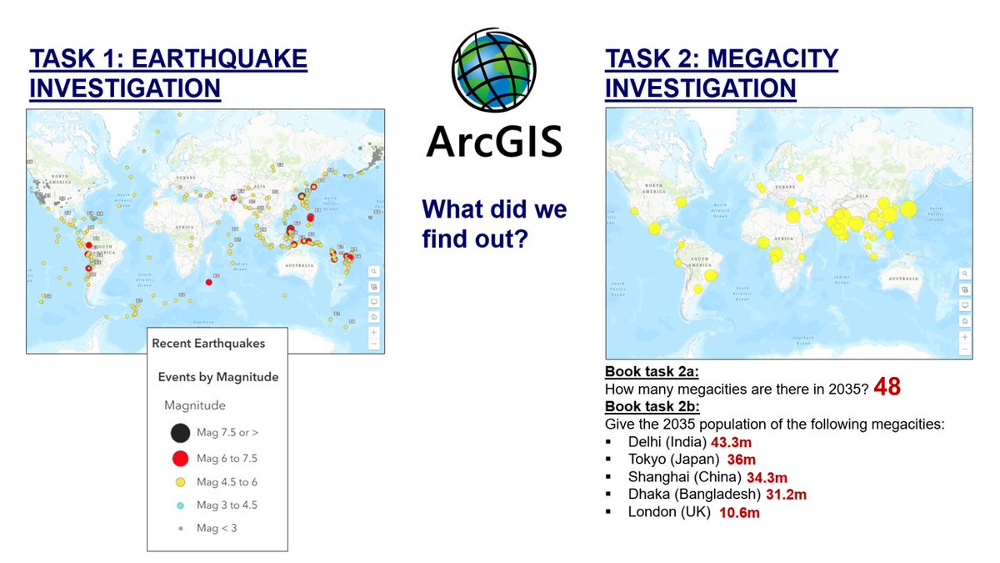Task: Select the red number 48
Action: click(x=887, y=389)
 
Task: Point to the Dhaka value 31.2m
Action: click(x=784, y=495)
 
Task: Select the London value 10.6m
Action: click(x=739, y=512)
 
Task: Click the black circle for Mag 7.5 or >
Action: click(x=179, y=433)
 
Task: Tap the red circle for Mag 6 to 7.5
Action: click(x=179, y=458)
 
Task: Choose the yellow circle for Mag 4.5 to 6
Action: click(x=179, y=482)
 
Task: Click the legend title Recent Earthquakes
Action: click(x=208, y=343)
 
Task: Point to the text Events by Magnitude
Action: click(x=218, y=377)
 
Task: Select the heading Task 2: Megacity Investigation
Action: click(x=722, y=73)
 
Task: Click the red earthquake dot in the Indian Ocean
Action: click(x=208, y=283)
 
